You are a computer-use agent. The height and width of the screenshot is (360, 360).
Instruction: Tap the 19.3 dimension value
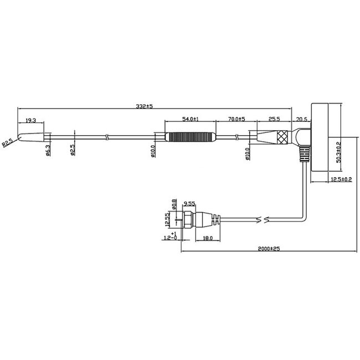point(31,120)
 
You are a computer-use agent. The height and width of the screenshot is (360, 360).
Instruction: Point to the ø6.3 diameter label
point(48,150)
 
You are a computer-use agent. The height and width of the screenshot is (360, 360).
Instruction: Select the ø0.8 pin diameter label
point(174,205)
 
